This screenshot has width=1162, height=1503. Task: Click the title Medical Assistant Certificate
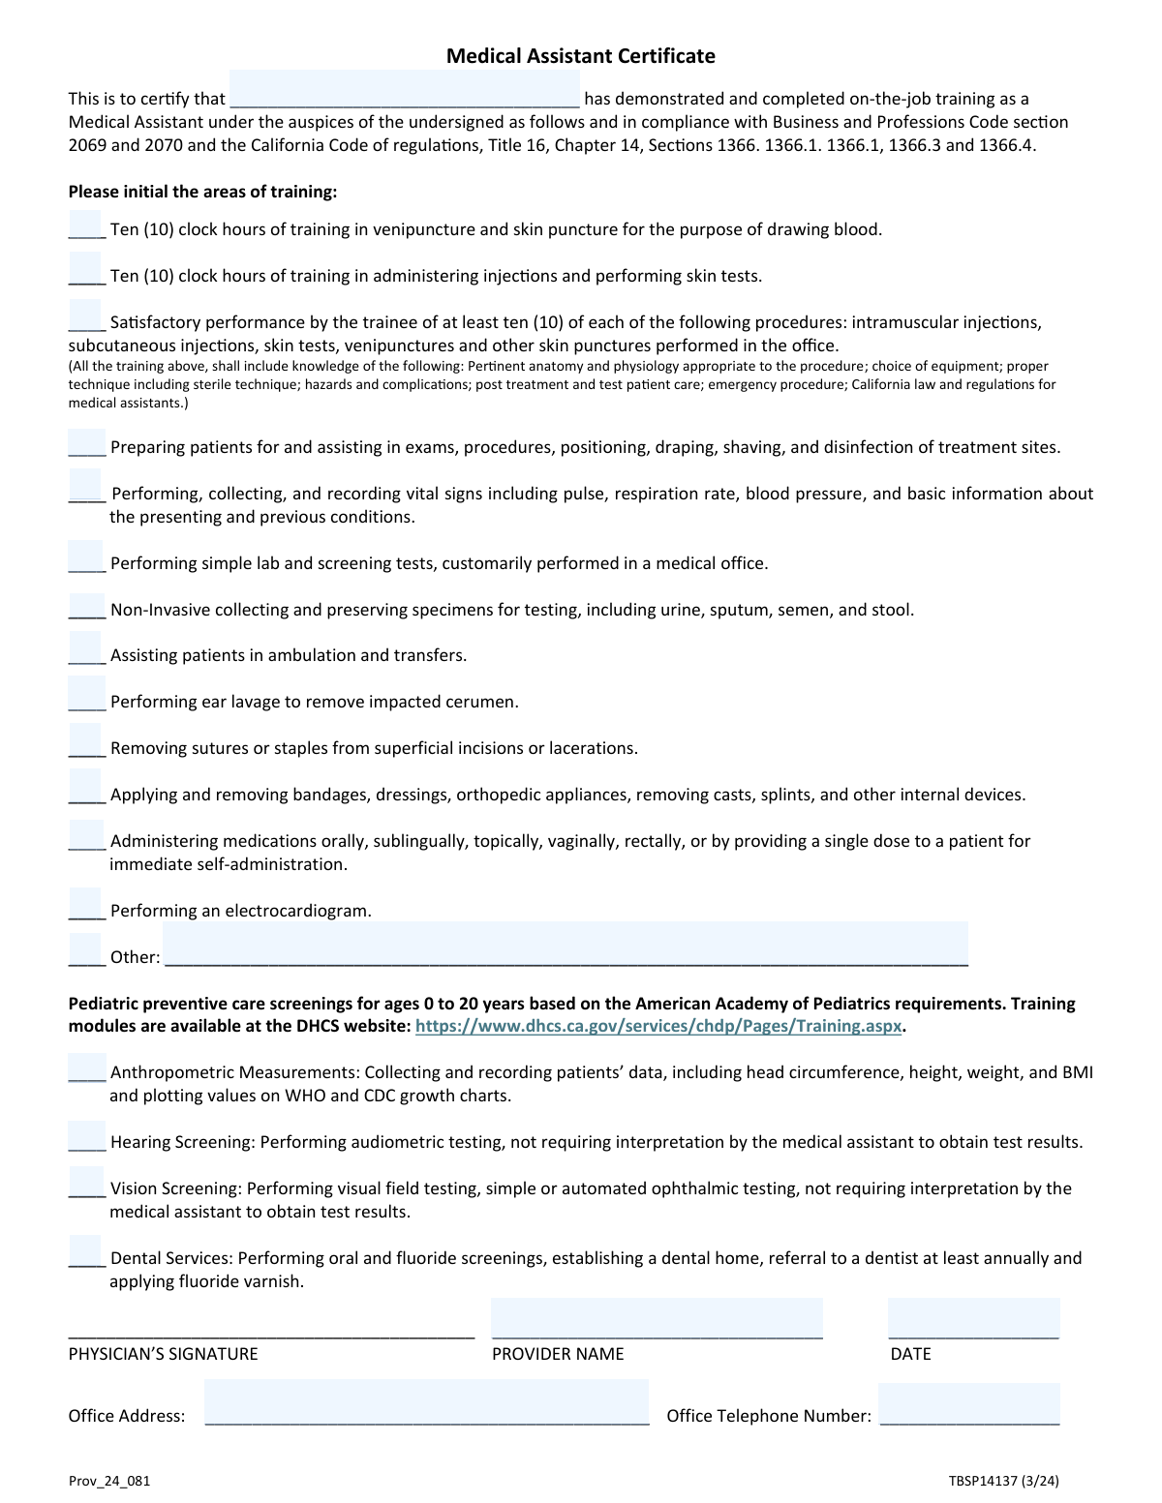click(x=580, y=56)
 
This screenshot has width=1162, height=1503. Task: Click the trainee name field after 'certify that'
click(x=404, y=89)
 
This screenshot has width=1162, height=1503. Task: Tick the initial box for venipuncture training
click(x=85, y=224)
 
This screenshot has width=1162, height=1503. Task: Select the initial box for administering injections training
click(x=85, y=269)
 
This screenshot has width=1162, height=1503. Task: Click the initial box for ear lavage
click(x=85, y=695)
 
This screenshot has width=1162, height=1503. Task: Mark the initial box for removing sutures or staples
click(x=85, y=741)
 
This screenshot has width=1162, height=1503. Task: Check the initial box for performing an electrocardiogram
click(x=85, y=904)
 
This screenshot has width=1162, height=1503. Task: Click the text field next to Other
click(x=566, y=944)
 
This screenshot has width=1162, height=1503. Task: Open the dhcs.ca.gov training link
click(x=658, y=1026)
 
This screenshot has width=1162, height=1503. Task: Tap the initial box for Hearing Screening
click(x=86, y=1135)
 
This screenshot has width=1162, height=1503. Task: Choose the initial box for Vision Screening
click(x=86, y=1182)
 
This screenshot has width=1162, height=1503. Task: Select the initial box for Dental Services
click(x=85, y=1251)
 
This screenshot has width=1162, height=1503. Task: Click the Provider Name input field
click(x=657, y=1318)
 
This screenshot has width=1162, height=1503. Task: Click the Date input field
click(x=973, y=1318)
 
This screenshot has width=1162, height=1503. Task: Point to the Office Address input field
click(x=426, y=1402)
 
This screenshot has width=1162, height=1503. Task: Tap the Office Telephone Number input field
click(x=968, y=1403)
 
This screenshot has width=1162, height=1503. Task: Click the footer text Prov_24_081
click(x=109, y=1481)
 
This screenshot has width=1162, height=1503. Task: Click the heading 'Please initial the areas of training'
click(x=202, y=192)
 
